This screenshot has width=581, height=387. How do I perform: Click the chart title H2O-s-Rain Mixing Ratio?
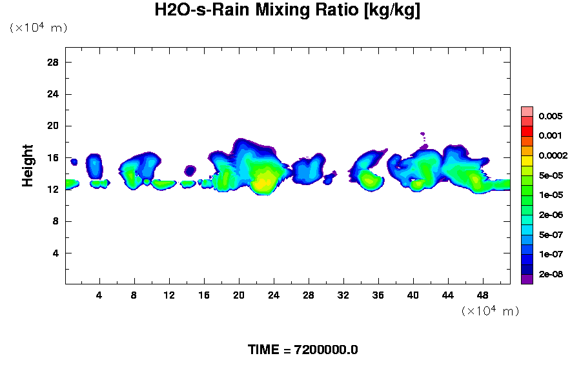coord(287,11)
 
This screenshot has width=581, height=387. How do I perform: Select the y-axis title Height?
coord(28,174)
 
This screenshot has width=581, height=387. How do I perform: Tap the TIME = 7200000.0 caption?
coord(303,350)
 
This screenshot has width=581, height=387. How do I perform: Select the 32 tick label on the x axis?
coord(343,295)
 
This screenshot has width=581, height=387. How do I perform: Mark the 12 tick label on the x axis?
coord(169,295)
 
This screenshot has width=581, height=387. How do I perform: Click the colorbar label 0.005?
coord(551,117)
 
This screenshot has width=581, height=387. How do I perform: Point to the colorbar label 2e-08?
coord(551,274)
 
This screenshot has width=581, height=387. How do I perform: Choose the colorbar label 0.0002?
coord(553,156)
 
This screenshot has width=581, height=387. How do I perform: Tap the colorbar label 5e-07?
coord(551,235)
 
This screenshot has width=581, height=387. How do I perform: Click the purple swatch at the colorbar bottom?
coord(527,279)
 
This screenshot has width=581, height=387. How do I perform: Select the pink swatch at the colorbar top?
coord(527,111)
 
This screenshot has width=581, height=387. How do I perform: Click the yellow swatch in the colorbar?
coord(527,161)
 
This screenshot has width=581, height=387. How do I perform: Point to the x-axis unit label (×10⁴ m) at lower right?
coord(490,312)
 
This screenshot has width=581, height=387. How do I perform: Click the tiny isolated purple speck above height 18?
coord(422,134)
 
